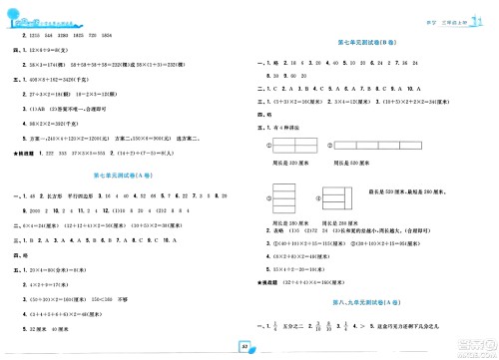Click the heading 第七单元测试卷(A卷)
(127, 177)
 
